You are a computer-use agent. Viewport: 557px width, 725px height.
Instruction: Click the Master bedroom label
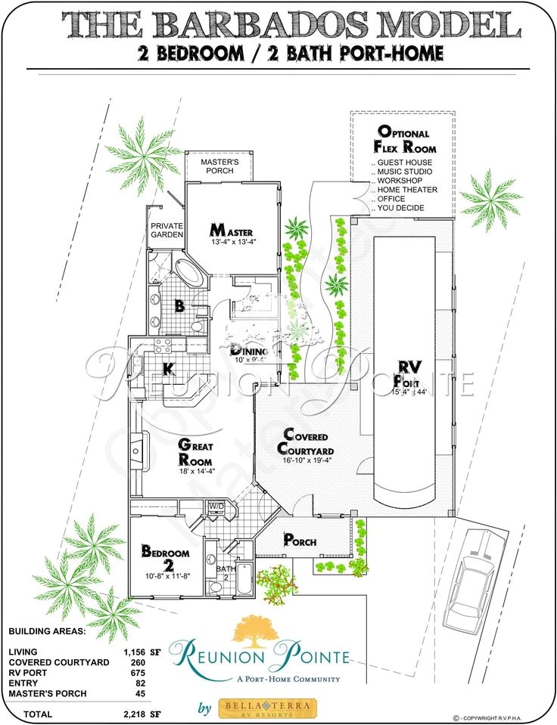[x=232, y=229]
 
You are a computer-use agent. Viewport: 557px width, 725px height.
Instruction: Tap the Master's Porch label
[x=219, y=166]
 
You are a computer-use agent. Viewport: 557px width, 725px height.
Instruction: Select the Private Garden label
[x=167, y=230]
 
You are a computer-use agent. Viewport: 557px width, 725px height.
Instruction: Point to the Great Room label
[x=194, y=453]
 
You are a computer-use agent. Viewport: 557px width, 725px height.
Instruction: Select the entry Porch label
[x=300, y=540]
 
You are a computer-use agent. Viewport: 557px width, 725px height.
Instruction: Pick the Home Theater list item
[x=404, y=190]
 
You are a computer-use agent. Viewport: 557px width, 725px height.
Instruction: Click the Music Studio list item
[x=404, y=172]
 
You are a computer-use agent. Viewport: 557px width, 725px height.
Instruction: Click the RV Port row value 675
[x=135, y=672]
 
